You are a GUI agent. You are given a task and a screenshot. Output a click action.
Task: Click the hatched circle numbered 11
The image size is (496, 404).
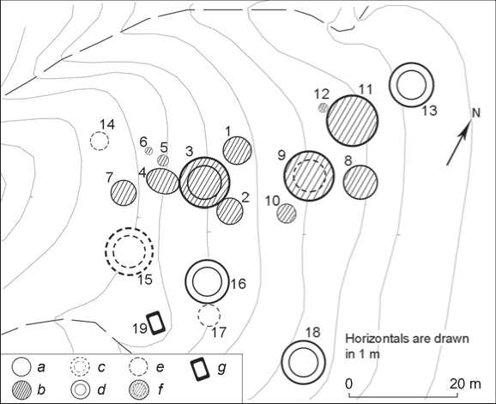pyautogui.click(x=353, y=120)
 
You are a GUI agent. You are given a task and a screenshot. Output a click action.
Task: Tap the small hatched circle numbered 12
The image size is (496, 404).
pyautogui.click(x=323, y=108)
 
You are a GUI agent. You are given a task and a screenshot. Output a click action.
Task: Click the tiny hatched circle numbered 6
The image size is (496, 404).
pyautogui.click(x=148, y=151)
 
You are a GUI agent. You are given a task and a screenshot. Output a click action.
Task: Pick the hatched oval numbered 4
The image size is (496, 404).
pyautogui.click(x=162, y=181)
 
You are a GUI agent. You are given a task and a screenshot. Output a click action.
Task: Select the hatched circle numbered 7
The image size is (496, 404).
pyautogui.click(x=124, y=193)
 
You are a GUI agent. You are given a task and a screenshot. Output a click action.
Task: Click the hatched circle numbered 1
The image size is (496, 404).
pyautogui.click(x=238, y=150)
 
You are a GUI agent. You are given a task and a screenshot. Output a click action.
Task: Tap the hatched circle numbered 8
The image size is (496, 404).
pyautogui.click(x=360, y=182)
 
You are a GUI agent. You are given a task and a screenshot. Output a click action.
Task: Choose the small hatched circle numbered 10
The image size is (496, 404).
pyautogui.click(x=287, y=213)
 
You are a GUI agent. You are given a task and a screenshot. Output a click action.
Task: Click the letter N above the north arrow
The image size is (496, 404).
pyautogui.click(x=475, y=113)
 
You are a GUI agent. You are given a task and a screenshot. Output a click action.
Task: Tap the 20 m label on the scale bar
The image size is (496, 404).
pyautogui.click(x=465, y=383)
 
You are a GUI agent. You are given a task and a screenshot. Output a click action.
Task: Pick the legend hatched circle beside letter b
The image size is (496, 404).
pyautogui.click(x=21, y=390)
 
